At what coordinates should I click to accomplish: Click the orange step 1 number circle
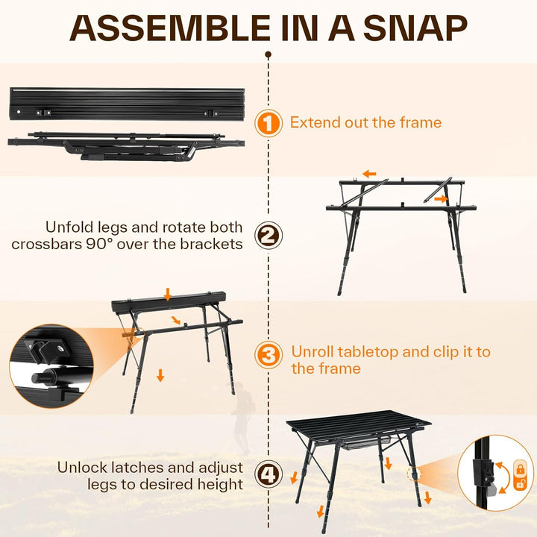tap(268, 123)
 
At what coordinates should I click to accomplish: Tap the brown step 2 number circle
tap(268, 236)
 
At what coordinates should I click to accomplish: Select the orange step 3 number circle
tap(268, 355)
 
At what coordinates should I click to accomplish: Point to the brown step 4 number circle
tap(268, 474)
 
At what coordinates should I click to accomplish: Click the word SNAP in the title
tap(415, 28)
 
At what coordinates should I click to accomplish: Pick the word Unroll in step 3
tap(313, 352)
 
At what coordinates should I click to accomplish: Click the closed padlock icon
tap(521, 469)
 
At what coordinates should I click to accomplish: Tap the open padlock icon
tap(521, 483)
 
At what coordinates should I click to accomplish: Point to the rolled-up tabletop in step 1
tap(127, 104)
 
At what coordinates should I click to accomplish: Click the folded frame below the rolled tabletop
tap(126, 146)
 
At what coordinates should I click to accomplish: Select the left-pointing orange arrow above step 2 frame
tap(369, 174)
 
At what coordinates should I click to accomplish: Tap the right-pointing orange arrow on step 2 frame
tap(441, 198)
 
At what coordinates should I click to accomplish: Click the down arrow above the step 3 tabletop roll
tap(168, 294)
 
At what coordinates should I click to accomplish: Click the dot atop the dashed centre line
tap(268, 54)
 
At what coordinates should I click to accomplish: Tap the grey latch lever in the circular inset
tap(492, 491)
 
